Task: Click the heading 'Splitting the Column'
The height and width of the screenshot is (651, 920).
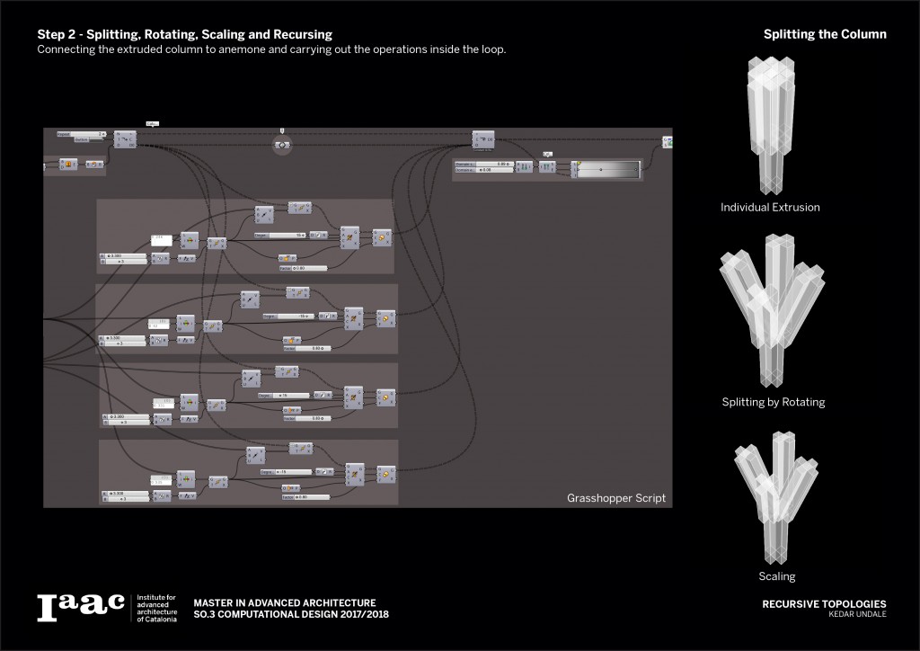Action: (825, 34)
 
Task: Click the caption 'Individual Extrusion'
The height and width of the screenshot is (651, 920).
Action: (770, 208)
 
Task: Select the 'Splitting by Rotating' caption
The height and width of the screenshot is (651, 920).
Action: (773, 402)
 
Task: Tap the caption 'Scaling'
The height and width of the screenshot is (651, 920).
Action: (776, 576)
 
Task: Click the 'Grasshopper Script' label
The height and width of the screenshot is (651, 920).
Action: (616, 498)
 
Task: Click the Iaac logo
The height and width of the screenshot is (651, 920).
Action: (80, 608)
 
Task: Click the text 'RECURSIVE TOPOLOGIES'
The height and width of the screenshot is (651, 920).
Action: (824, 604)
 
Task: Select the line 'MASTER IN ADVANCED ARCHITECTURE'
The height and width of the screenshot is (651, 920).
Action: (285, 602)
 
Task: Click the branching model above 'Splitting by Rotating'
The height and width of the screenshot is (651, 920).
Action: (771, 310)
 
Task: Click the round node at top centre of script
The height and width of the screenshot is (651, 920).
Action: (282, 144)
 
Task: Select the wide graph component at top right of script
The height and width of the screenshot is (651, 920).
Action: (607, 168)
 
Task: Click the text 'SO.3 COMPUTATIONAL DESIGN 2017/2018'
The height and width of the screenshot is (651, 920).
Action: (293, 614)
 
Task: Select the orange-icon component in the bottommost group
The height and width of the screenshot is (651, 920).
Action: (382, 474)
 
